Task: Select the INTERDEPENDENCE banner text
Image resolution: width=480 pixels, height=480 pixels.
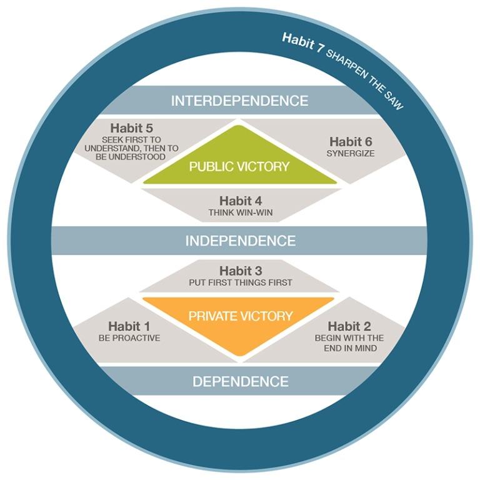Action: pyautogui.click(x=239, y=101)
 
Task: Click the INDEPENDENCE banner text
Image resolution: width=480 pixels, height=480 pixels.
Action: pyautogui.click(x=240, y=241)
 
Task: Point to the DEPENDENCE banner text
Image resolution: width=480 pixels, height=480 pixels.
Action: pyautogui.click(x=240, y=381)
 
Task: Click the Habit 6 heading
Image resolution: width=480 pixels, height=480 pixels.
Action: pyautogui.click(x=351, y=141)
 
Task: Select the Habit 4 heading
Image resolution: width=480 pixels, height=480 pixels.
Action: pyautogui.click(x=240, y=201)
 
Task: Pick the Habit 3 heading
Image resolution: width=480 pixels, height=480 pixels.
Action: pyautogui.click(x=240, y=271)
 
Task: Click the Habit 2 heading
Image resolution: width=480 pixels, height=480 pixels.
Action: pyautogui.click(x=349, y=326)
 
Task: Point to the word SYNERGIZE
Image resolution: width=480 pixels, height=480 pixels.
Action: pyautogui.click(x=351, y=152)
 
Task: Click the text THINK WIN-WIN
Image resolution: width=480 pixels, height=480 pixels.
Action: pyautogui.click(x=240, y=212)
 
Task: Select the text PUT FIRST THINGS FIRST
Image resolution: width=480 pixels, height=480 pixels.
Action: pyautogui.click(x=240, y=282)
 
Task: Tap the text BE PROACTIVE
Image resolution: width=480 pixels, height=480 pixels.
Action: pyautogui.click(x=129, y=337)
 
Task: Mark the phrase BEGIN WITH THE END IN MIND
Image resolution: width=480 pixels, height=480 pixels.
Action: pyautogui.click(x=349, y=342)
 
